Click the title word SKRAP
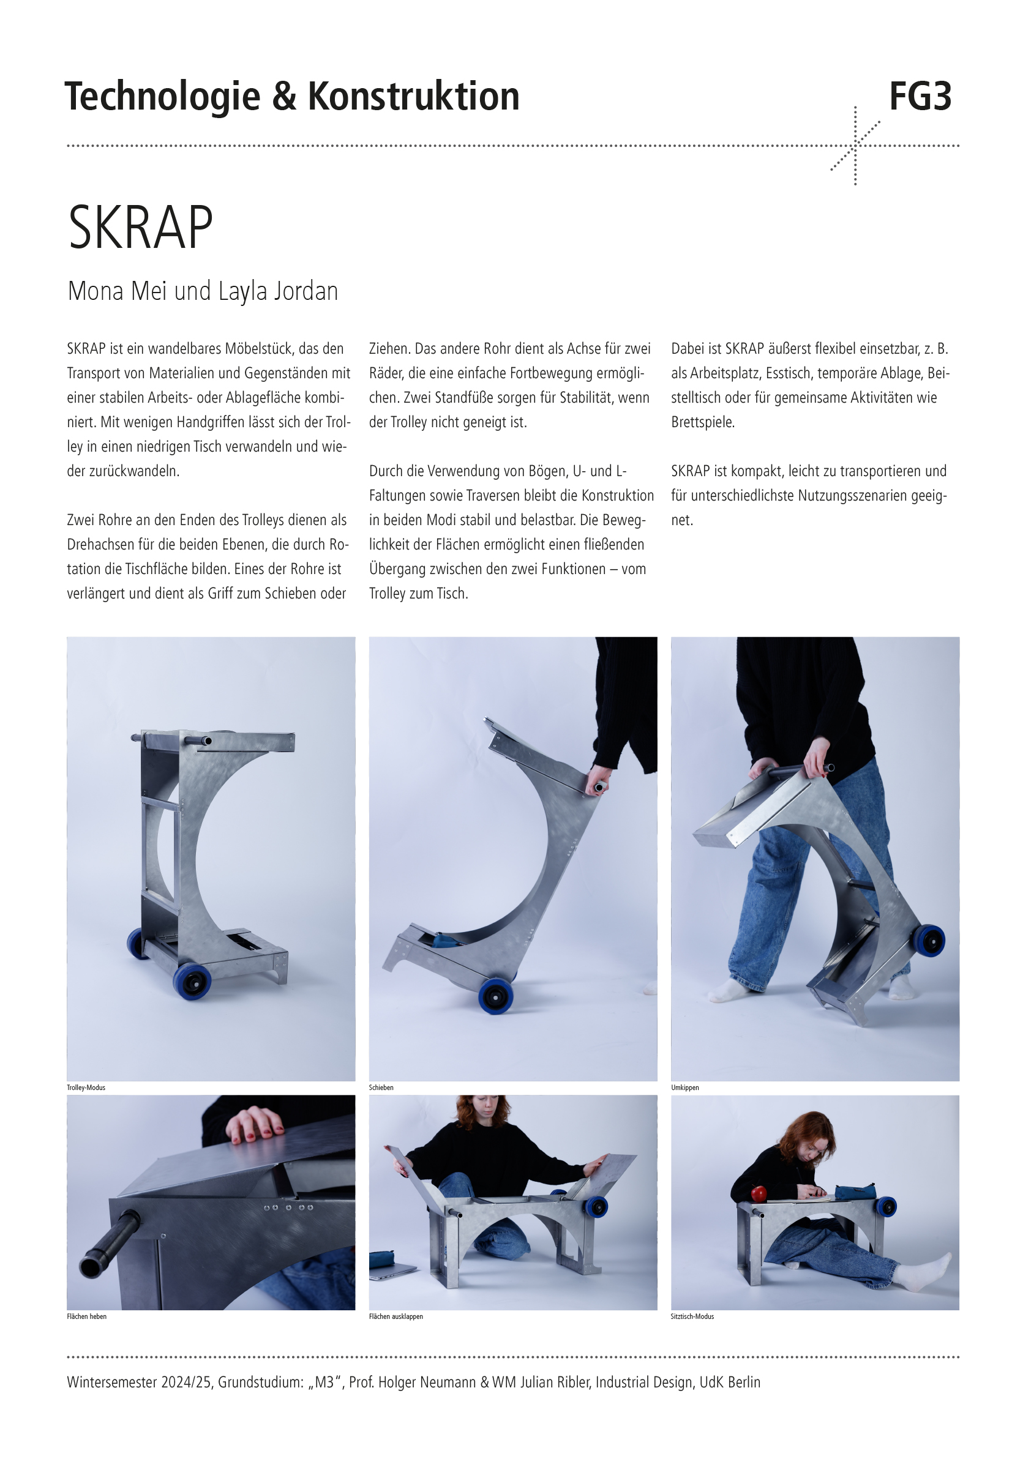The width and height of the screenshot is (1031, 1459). [140, 227]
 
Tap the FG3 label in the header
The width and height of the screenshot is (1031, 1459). [920, 97]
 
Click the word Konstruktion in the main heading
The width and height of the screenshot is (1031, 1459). [413, 97]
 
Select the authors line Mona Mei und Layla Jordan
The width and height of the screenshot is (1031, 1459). [203, 291]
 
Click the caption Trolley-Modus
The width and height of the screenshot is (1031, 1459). [86, 1088]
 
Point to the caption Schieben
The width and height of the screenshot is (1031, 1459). [381, 1088]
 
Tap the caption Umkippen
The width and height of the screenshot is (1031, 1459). [684, 1088]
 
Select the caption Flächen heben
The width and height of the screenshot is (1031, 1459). [86, 1316]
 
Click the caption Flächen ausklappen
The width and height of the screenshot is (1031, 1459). [396, 1316]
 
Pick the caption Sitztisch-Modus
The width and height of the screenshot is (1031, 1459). [692, 1316]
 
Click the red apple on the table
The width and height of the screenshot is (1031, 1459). [759, 1193]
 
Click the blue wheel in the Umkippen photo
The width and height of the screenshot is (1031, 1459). [929, 940]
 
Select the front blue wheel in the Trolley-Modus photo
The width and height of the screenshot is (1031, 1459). [192, 982]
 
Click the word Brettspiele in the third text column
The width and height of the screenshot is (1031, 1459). [702, 422]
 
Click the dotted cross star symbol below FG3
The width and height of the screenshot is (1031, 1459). [855, 146]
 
